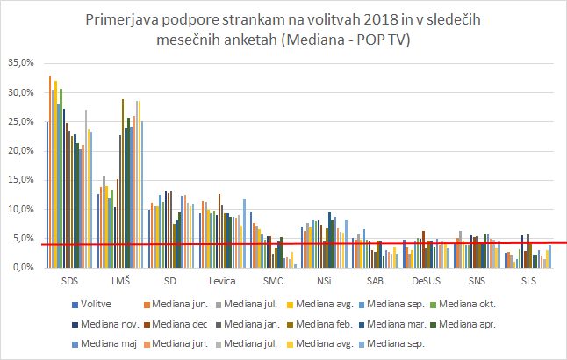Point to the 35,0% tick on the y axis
click(21, 63)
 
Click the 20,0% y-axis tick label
click(21, 151)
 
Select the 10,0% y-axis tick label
click(21, 209)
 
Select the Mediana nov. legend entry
click(108, 321)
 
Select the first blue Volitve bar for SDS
click(47, 194)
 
